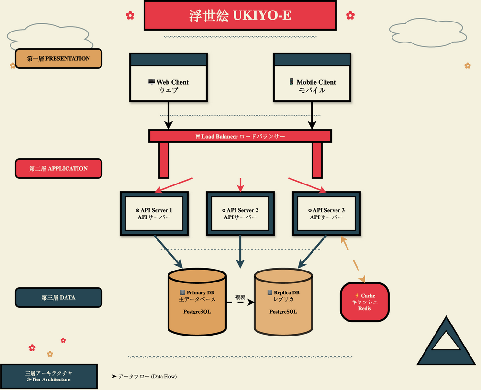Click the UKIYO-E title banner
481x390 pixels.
click(240, 15)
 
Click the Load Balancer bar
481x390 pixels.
click(240, 136)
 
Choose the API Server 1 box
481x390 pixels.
click(154, 213)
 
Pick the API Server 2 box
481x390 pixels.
click(240, 213)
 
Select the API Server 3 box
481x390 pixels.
click(326, 213)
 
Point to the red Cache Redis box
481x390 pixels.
click(365, 302)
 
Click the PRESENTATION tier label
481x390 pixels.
click(58, 59)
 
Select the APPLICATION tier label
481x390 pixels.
click(58, 168)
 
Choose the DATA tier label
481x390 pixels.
click(58, 297)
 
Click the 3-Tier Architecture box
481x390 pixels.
click(49, 376)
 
